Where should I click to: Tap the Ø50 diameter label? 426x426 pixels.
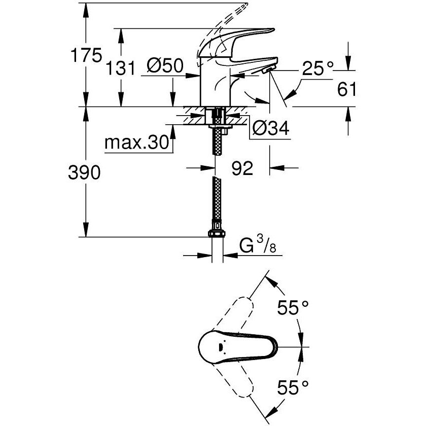click(x=165, y=66)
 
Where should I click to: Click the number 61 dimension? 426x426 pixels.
click(x=346, y=90)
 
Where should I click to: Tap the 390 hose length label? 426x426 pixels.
click(x=85, y=173)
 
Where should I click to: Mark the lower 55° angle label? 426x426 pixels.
click(x=294, y=389)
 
